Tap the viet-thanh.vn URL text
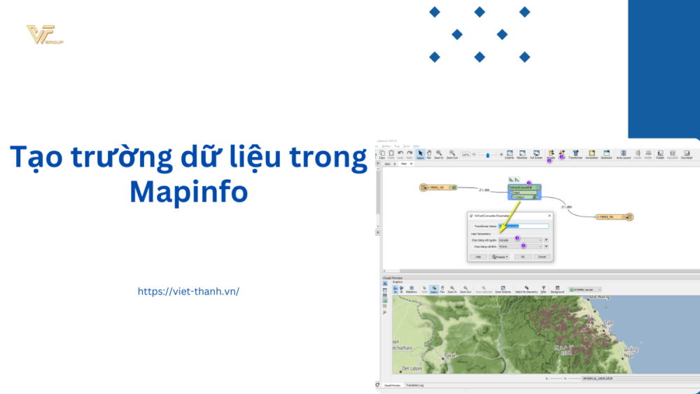[188, 291]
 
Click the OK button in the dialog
[521, 257]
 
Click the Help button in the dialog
[478, 257]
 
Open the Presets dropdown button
[500, 257]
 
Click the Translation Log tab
[414, 386]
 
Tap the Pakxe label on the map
[449, 356]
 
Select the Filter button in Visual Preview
[544, 288]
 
